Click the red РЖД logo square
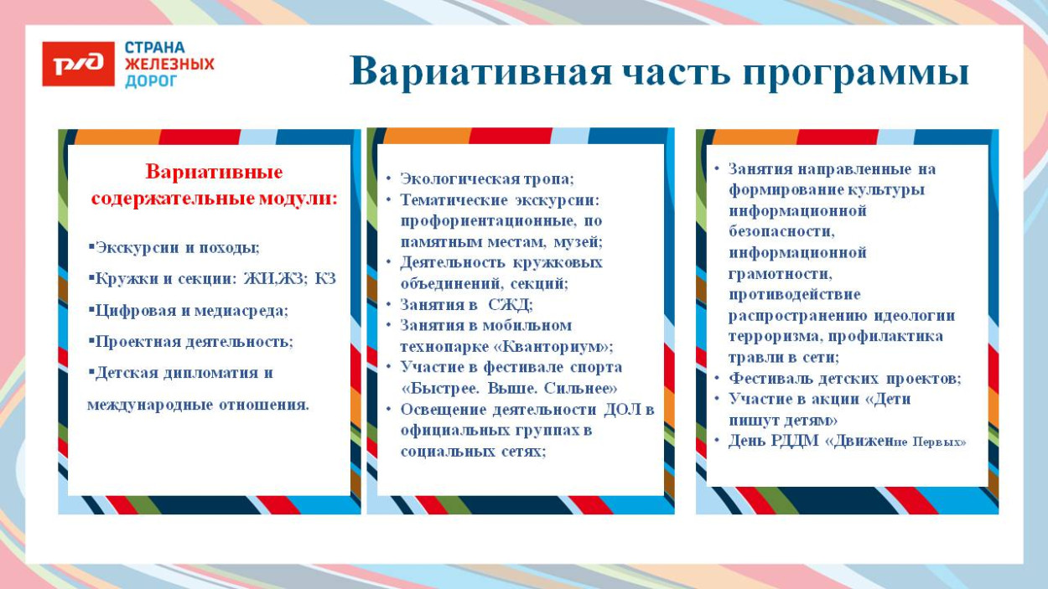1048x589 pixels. (78, 64)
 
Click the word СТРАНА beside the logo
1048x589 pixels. (155, 47)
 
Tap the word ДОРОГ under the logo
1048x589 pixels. (152, 81)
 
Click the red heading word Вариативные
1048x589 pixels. (214, 173)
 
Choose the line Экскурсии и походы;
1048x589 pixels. (178, 248)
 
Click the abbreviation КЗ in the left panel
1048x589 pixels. (325, 279)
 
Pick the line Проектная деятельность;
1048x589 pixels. (194, 342)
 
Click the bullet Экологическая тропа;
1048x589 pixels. (487, 178)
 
